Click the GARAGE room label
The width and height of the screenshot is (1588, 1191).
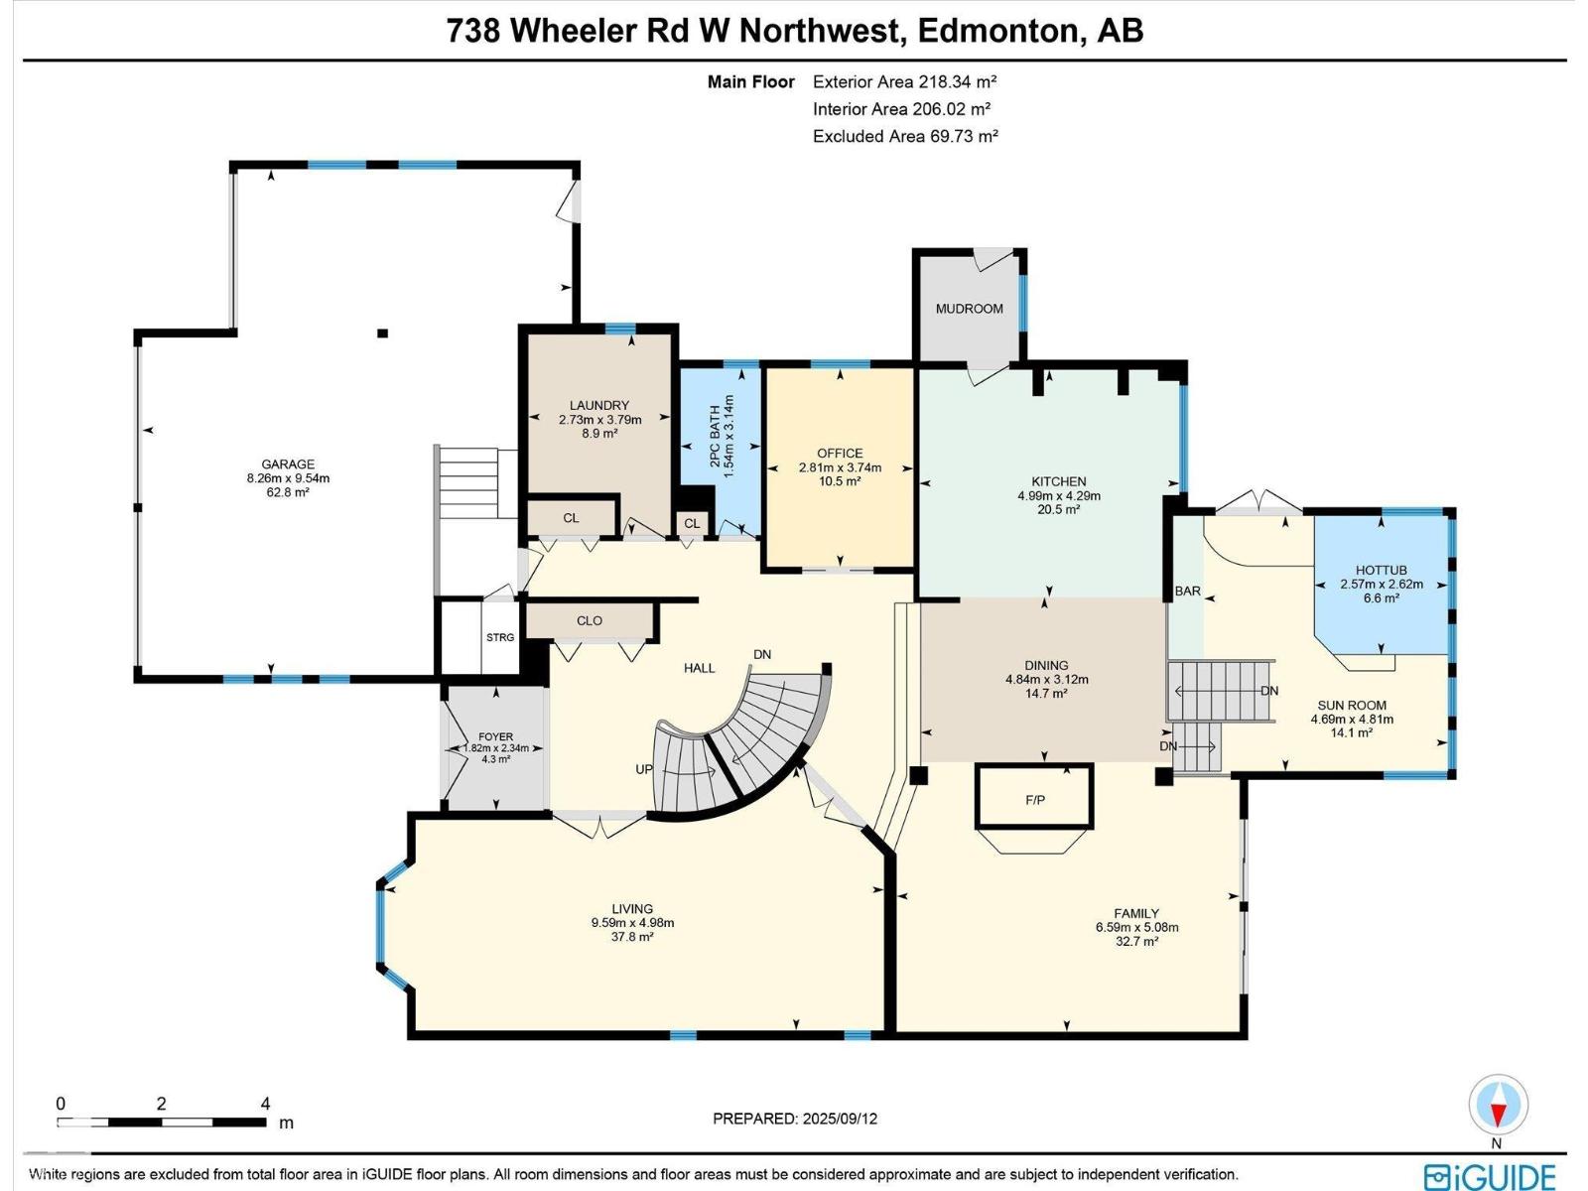pos(288,463)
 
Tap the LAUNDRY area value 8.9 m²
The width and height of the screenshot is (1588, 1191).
pos(599,434)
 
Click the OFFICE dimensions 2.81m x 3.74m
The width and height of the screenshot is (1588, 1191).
pos(840,467)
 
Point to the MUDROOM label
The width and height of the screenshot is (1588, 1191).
pos(969,309)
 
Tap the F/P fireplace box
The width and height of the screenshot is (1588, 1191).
pos(1034,798)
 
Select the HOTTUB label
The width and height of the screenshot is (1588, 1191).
pos(1381,571)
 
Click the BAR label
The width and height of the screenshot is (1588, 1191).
pos(1187,592)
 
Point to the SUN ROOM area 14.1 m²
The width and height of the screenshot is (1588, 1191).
pos(1352,732)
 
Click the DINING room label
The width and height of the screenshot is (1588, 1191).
pos(1046,666)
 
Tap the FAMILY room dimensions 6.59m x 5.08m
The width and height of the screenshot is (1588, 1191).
pos(1136,928)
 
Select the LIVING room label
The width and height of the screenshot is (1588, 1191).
pos(632,908)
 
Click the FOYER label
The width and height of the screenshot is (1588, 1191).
pos(495,736)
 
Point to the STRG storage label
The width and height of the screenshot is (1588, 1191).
pos(500,637)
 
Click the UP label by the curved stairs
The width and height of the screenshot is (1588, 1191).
pos(645,769)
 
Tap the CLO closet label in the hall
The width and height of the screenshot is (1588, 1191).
pos(590,621)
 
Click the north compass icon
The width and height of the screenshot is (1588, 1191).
pos(1498,1105)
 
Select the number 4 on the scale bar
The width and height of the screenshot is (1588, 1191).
pos(265,1104)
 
